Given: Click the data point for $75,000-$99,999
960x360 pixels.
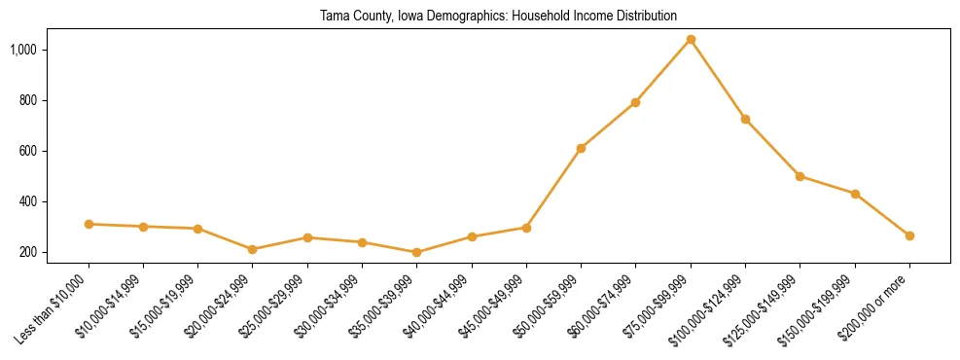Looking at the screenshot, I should (x=691, y=40).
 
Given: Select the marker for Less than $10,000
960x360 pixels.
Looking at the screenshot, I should (x=89, y=224).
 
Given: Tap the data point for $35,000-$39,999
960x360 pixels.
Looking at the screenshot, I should (x=417, y=252).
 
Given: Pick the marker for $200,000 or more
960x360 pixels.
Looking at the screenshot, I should (x=909, y=235).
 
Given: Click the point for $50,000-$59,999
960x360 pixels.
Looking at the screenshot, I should (x=581, y=148).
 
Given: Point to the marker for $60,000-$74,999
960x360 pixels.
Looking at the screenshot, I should (x=635, y=102).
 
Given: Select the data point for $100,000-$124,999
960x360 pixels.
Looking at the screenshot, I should (x=745, y=119).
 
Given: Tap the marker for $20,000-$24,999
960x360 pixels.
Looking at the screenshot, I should (x=253, y=249).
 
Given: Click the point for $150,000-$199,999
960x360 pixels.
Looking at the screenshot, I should (x=855, y=194).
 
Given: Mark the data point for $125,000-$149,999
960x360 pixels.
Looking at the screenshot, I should (x=800, y=176).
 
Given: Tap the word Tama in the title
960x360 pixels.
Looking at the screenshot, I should (x=335, y=17).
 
